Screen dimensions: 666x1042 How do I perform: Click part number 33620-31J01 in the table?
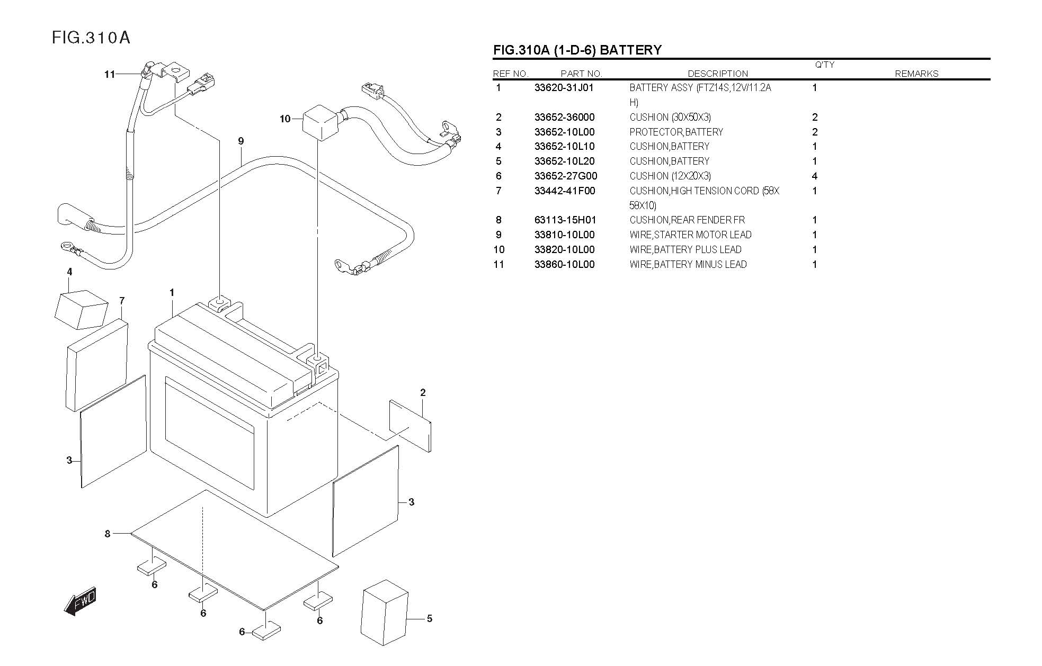[x=564, y=88]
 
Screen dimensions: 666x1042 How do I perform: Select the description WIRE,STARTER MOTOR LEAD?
[x=690, y=235]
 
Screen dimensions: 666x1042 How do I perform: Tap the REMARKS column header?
[x=916, y=74]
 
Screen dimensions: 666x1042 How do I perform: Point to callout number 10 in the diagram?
[x=285, y=119]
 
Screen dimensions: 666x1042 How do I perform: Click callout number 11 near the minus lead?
[x=109, y=75]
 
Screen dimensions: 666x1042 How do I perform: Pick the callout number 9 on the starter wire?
[x=241, y=141]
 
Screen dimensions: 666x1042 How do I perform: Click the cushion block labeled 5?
[x=384, y=613]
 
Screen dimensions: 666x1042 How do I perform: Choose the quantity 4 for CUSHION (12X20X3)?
[x=814, y=176]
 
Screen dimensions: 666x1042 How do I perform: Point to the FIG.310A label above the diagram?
[x=91, y=38]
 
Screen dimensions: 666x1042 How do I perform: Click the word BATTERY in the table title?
[x=631, y=50]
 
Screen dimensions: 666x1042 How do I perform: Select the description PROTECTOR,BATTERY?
[x=676, y=132]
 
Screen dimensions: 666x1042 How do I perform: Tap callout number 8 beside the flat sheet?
[x=108, y=534]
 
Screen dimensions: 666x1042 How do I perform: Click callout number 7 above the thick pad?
[x=122, y=301]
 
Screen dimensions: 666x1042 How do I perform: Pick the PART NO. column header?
[x=581, y=74]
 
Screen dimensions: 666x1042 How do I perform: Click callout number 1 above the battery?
[x=172, y=293]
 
